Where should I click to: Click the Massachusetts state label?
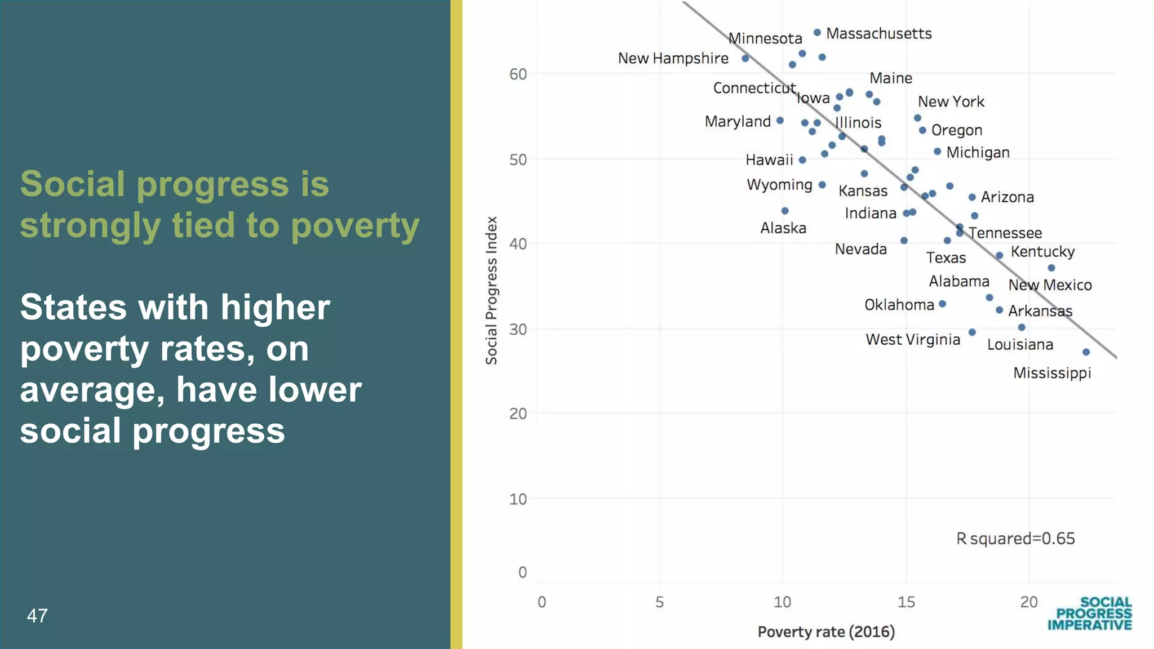[x=878, y=34]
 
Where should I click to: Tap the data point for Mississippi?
[x=1086, y=352]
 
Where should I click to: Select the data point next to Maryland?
[x=780, y=121]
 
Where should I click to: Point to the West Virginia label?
[x=913, y=340]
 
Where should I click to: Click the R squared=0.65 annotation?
[x=1015, y=539]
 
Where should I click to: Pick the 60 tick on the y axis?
[x=518, y=74]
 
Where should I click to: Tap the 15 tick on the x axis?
[x=906, y=602]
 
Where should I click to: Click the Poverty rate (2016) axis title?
[x=826, y=632]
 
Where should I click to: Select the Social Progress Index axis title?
[x=491, y=291]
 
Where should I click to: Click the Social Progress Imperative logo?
[x=1090, y=614]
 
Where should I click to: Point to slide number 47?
[x=37, y=616]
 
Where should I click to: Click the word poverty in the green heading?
[x=355, y=225]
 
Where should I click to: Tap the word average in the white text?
[x=92, y=390]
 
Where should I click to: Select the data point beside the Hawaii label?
[x=802, y=160]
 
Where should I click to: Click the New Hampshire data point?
[x=745, y=59]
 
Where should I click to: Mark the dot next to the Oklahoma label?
[x=942, y=304]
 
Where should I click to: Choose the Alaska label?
[x=783, y=228]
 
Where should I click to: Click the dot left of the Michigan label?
[x=937, y=152]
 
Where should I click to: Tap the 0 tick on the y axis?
[x=522, y=572]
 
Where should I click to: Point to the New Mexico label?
[x=1050, y=285]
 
